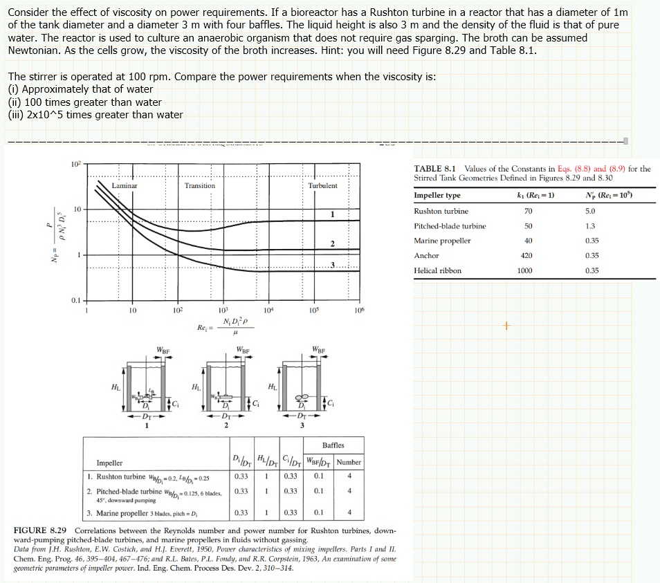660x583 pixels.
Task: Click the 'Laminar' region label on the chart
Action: pyautogui.click(x=125, y=185)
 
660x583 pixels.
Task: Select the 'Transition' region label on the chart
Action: pyautogui.click(x=199, y=185)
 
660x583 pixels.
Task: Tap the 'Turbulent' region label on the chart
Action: pyautogui.click(x=323, y=185)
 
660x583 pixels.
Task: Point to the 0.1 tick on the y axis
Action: pyautogui.click(x=75, y=299)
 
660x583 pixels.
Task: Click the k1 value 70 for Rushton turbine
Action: pyautogui.click(x=529, y=211)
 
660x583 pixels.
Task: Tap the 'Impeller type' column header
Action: pyautogui.click(x=437, y=196)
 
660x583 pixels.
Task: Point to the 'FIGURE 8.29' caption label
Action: pyautogui.click(x=39, y=530)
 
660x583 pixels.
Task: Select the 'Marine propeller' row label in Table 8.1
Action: pyautogui.click(x=441, y=241)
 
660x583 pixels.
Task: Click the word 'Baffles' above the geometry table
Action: pyautogui.click(x=333, y=445)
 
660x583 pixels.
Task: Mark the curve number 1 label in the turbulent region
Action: pyautogui.click(x=332, y=214)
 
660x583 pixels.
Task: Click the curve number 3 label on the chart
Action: pyautogui.click(x=332, y=266)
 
